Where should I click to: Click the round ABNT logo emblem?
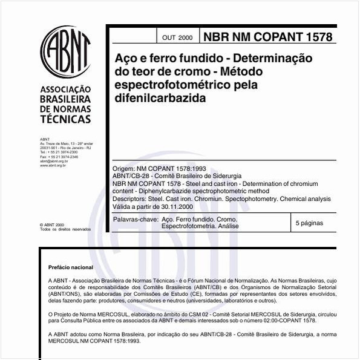tap(65, 51)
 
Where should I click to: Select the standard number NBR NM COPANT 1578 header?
tap(267, 37)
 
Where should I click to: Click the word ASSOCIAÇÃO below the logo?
tap(65, 88)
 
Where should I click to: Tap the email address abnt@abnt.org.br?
tap(54, 162)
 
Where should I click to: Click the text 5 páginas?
tap(309, 223)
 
